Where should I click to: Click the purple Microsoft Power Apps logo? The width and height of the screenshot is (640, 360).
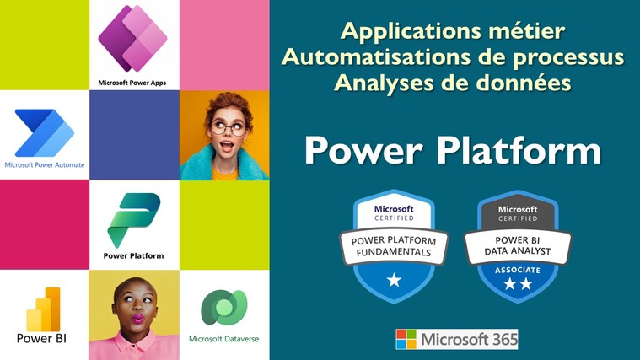pos(132,38)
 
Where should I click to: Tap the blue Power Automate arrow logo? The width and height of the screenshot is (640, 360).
pos(45,132)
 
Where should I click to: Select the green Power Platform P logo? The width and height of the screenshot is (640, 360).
pos(134,220)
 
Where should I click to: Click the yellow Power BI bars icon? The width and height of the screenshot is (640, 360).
pos(43,309)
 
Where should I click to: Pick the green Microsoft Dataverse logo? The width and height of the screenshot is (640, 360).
pos(224,307)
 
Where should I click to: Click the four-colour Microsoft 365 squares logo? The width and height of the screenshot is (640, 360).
pos(406,339)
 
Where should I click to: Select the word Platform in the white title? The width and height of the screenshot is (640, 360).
pos(519,150)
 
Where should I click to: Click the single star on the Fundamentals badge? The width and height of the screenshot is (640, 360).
pos(395,280)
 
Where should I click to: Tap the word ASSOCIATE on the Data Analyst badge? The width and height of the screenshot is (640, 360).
pos(518,270)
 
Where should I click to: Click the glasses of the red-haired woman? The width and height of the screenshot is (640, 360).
pos(228,129)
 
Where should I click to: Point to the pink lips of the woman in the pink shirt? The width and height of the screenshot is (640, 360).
pos(138,319)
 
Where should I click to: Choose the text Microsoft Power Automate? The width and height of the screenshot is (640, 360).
pos(45,165)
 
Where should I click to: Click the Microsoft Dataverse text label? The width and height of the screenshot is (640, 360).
pos(224,339)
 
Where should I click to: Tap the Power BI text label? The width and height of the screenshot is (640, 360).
pos(41,338)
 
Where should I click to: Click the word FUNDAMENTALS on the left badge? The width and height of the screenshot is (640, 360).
pos(394,253)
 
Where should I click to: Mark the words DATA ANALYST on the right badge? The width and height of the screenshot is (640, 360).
pos(518,251)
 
